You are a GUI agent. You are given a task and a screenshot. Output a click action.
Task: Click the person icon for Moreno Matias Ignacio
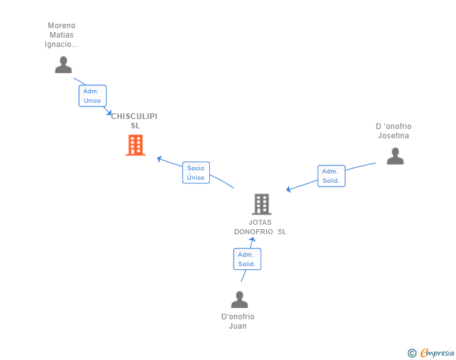click(63, 65)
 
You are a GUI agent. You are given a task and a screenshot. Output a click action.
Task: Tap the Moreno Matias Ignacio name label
click(61, 35)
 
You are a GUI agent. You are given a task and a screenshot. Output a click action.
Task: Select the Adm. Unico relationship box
click(92, 96)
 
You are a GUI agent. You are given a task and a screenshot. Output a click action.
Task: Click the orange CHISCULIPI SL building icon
click(135, 145)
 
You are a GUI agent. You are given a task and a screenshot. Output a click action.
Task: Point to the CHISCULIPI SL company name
click(135, 121)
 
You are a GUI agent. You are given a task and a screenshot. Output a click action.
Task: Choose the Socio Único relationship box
click(195, 173)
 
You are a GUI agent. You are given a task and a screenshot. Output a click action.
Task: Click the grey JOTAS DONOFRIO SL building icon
click(261, 204)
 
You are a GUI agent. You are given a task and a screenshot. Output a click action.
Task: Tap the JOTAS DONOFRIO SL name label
click(260, 227)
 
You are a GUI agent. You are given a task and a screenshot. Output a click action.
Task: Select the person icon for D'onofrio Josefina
click(395, 156)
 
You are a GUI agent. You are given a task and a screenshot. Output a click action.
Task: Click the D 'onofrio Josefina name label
click(393, 131)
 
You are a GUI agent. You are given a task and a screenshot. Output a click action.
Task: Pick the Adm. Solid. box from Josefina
click(331, 176)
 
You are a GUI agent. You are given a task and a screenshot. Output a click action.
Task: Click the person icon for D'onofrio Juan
click(239, 300)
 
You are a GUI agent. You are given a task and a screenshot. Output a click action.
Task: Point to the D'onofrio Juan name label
click(238, 321)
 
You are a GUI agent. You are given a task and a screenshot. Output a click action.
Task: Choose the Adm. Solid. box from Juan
click(247, 259)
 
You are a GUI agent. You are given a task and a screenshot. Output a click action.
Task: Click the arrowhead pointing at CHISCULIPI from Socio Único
click(159, 158)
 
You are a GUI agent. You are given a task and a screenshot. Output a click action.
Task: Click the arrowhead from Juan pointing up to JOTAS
click(252, 240)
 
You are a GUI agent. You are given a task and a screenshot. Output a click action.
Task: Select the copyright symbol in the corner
click(412, 353)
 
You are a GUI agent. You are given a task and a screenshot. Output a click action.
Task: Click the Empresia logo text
click(437, 353)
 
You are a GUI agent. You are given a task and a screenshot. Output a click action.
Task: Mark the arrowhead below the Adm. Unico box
click(109, 113)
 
